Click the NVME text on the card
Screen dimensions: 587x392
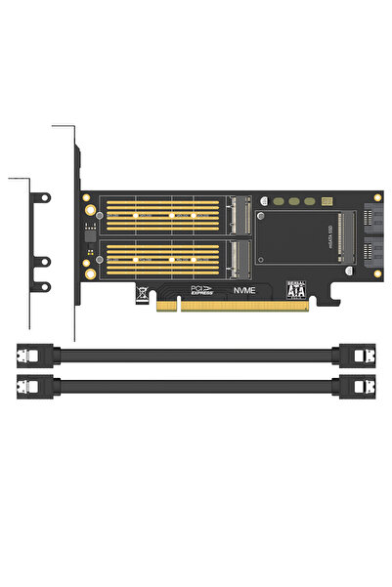pos(246,290)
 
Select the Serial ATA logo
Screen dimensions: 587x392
pos(295,290)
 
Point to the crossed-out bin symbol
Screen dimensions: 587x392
pos(143,290)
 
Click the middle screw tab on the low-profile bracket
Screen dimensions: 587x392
pos(42,261)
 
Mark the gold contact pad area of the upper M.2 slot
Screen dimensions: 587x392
pos(161,215)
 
